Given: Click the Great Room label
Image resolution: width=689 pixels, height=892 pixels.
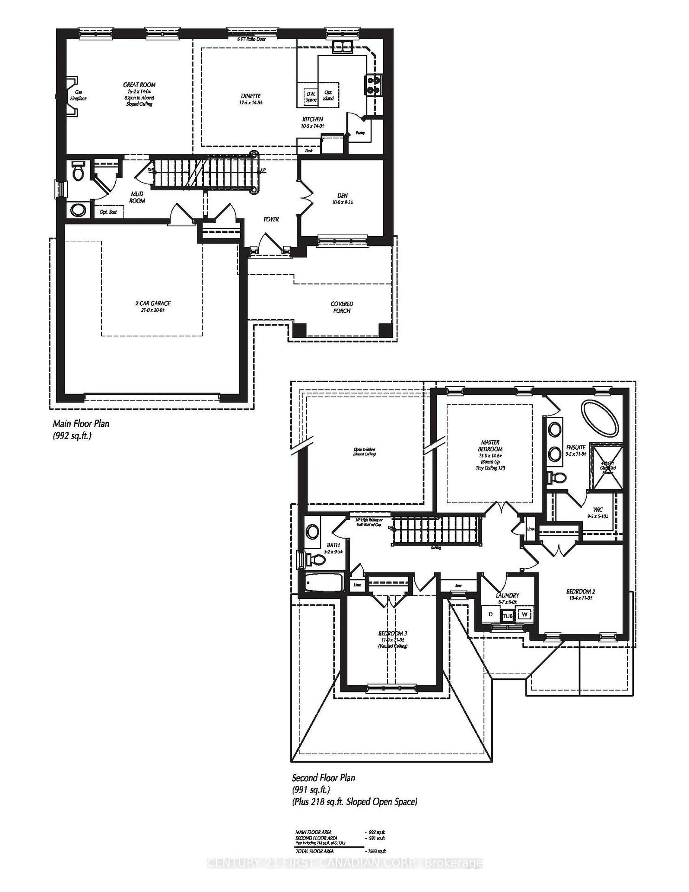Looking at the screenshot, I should coord(139,85).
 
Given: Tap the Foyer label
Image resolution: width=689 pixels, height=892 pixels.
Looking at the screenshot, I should coord(271,219).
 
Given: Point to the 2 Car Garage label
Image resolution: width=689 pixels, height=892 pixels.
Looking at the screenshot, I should coord(153,303).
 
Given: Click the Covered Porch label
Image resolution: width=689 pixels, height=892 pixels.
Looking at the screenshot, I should coord(342,307).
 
